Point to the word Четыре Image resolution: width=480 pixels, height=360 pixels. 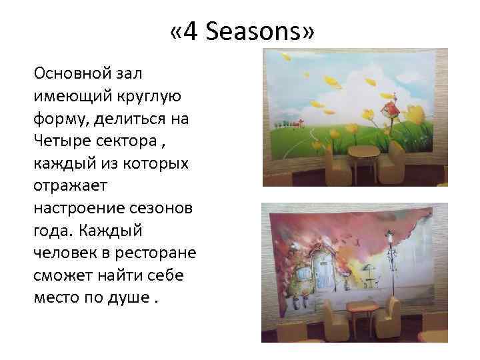[63, 141]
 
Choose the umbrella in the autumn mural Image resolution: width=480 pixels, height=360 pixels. [369, 270]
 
